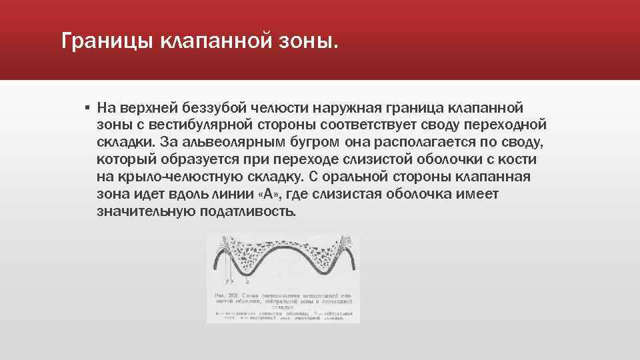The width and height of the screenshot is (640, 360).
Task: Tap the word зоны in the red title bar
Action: [x=303, y=42]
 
